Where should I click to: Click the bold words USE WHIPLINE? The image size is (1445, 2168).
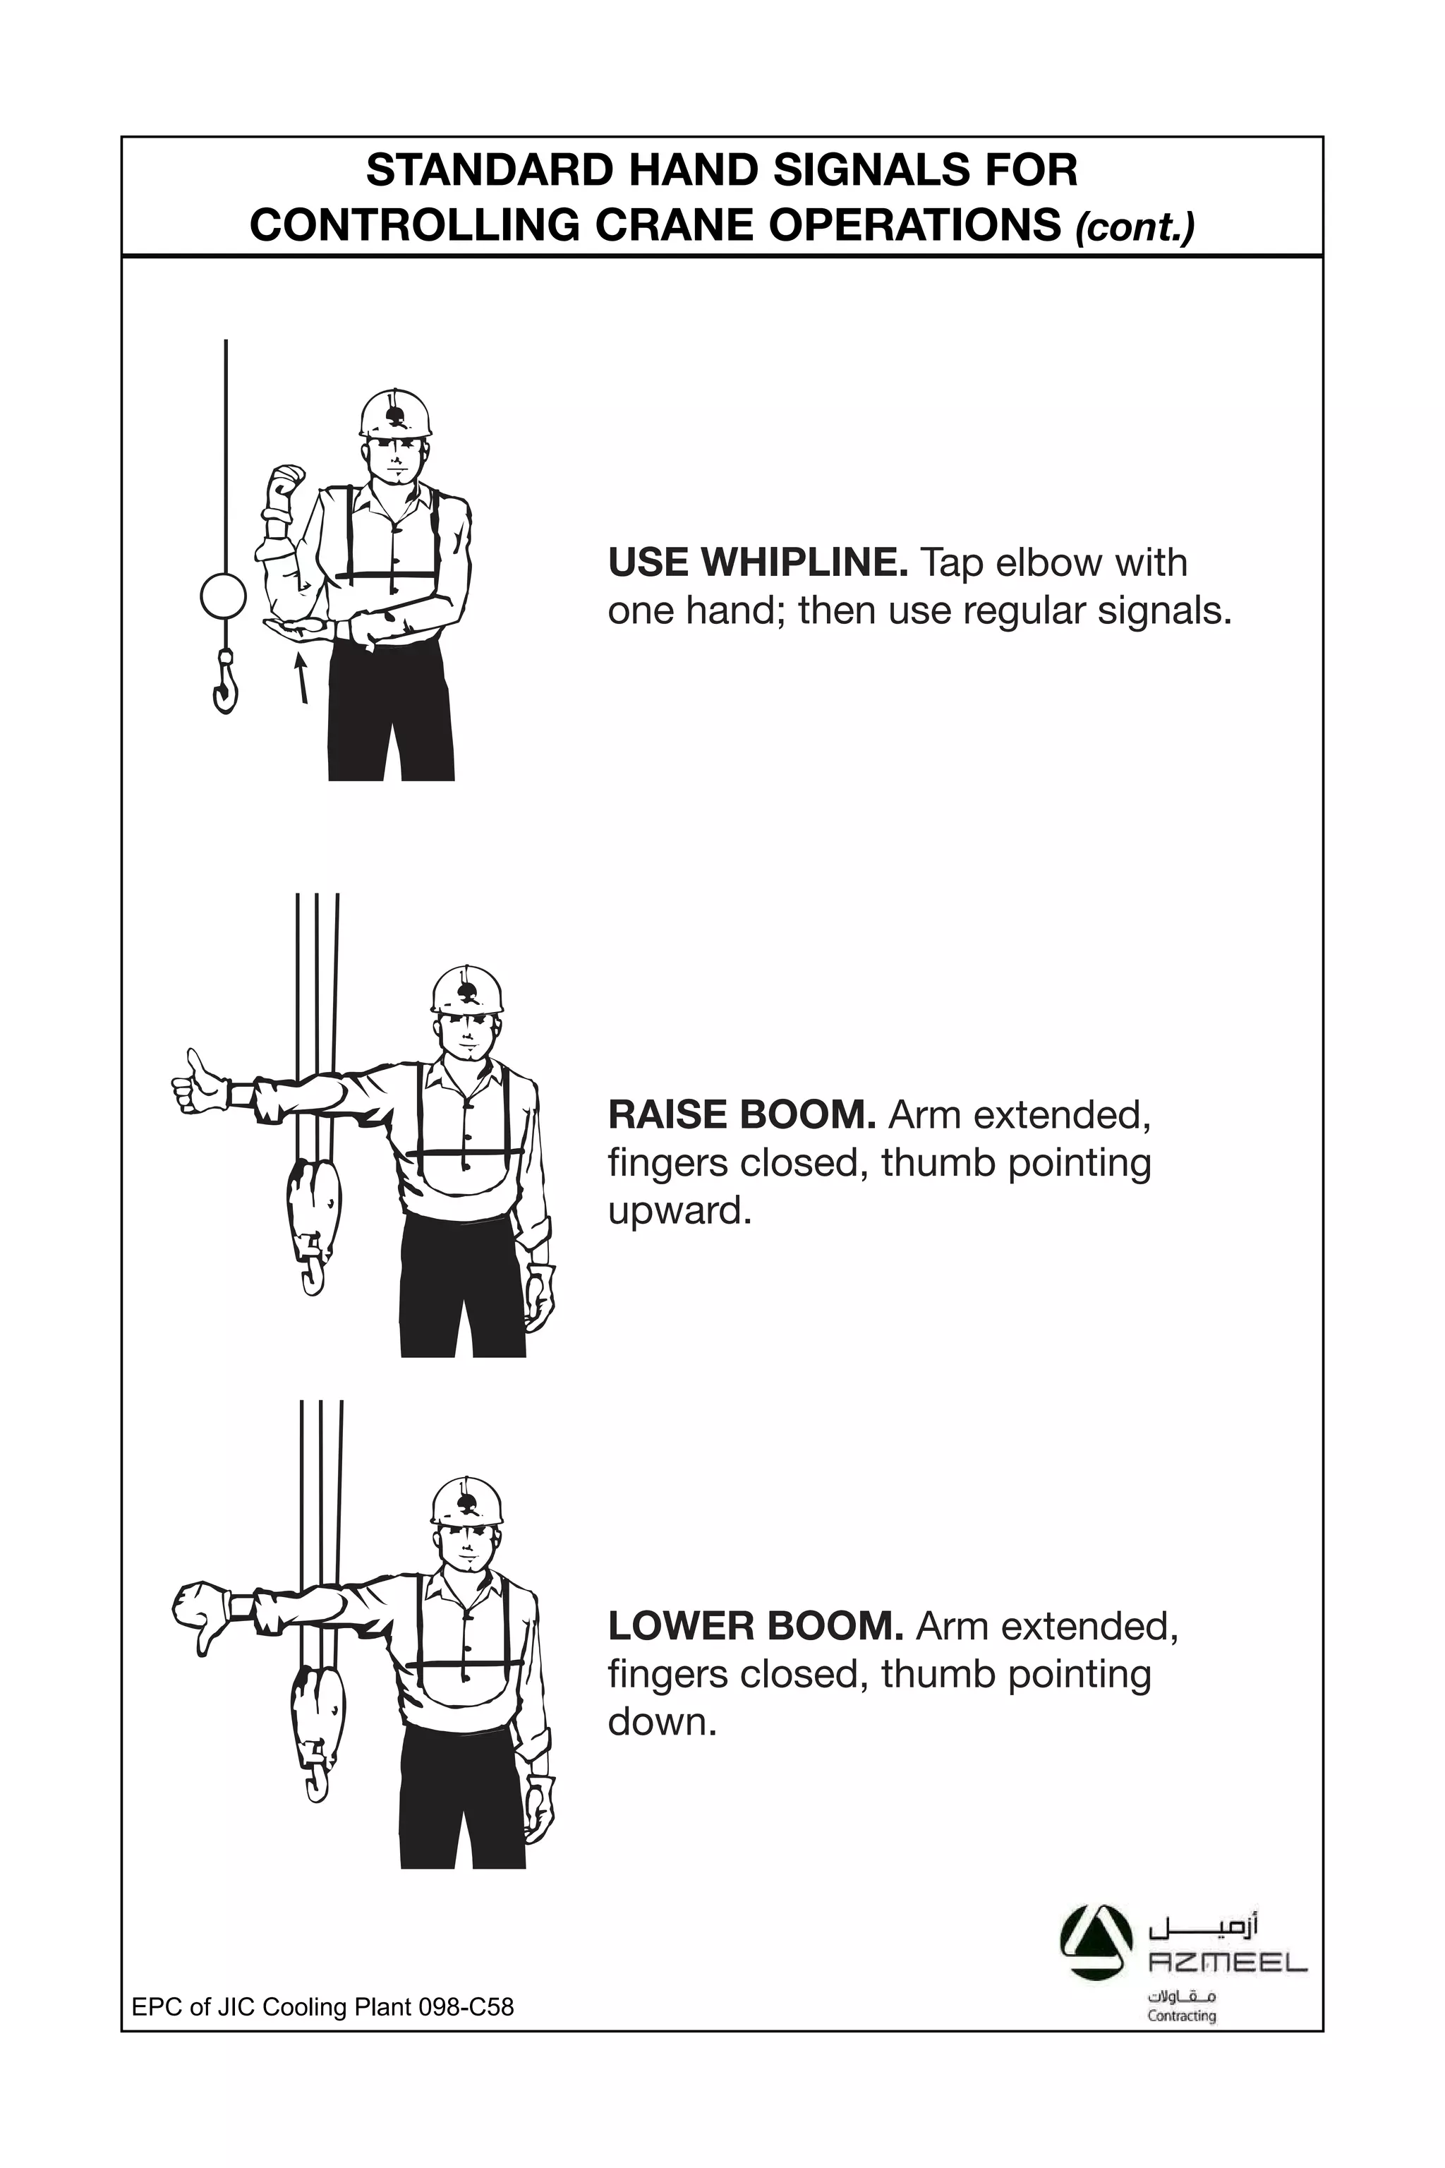[x=758, y=562]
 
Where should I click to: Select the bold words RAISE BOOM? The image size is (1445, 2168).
[x=742, y=1115]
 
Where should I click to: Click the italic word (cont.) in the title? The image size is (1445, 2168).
[x=1135, y=227]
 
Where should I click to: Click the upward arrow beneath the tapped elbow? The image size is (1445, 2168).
[x=301, y=678]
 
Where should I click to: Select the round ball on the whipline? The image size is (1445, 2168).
[x=223, y=596]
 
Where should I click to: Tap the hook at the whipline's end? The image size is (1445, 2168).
[x=224, y=685]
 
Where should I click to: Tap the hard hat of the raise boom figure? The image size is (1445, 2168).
[x=467, y=991]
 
